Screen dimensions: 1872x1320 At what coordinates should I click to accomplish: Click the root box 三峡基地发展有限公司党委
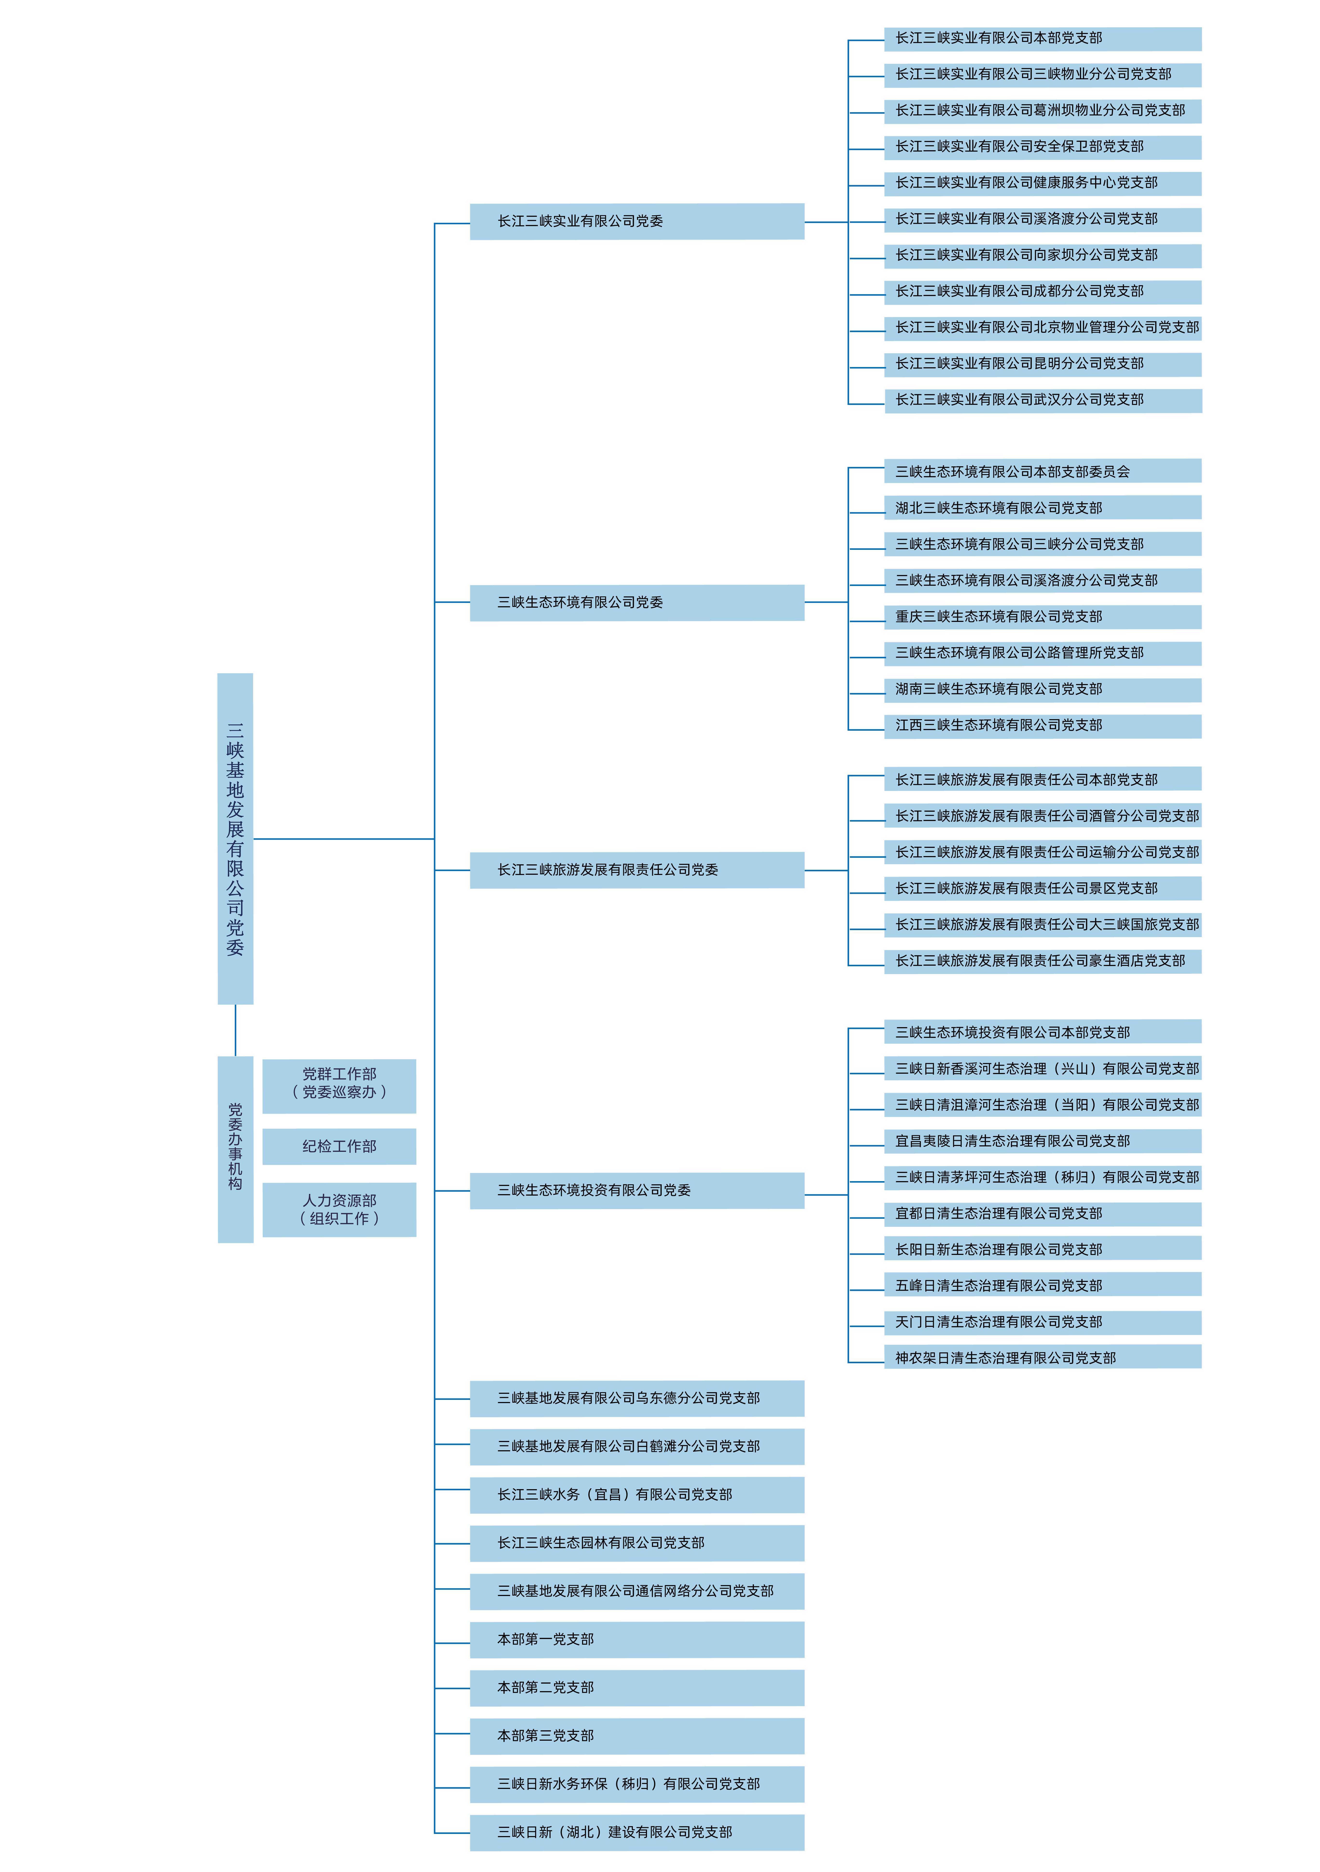pos(235,838)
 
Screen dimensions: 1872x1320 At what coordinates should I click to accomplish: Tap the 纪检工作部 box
pos(339,1146)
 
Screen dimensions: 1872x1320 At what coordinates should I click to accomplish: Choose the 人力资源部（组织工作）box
pos(339,1209)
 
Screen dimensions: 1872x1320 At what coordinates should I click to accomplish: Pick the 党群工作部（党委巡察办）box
pos(339,1085)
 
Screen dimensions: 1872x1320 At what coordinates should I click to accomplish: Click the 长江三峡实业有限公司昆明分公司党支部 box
pos(1042,364)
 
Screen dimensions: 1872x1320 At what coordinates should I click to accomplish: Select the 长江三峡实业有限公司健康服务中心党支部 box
pos(1042,183)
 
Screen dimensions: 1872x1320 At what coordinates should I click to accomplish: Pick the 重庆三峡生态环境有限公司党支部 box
pos(1042,616)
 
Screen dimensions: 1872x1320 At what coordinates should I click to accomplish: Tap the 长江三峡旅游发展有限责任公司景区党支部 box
pos(1042,888)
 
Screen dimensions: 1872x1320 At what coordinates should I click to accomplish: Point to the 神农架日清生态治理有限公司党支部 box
pos(1042,1358)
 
